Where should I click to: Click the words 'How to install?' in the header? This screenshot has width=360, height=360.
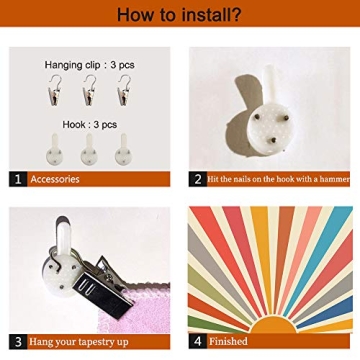coord(179,14)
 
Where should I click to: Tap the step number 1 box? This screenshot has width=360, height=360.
coord(18,179)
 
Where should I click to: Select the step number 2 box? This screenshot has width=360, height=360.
coord(198,179)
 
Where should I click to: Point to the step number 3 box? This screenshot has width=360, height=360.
coord(18,342)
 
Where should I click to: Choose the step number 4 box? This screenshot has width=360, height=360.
coord(198,341)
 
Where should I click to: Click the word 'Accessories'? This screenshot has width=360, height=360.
coord(55,179)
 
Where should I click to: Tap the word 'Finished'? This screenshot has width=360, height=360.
coord(228,341)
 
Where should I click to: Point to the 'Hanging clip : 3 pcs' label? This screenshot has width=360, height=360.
coord(90,65)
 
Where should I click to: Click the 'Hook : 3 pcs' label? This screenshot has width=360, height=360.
coord(90,125)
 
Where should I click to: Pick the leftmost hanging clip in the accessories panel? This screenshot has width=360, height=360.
coord(54,90)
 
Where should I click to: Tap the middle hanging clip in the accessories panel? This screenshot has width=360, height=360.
coord(90,90)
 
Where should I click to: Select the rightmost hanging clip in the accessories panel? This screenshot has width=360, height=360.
coord(124,90)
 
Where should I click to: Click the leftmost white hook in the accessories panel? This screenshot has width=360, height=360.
coord(54,150)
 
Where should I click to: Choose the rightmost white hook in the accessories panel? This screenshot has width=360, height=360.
coord(123,150)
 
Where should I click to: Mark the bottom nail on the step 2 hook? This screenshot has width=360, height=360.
coord(273,140)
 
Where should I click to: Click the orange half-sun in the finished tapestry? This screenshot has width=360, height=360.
coord(273,325)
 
